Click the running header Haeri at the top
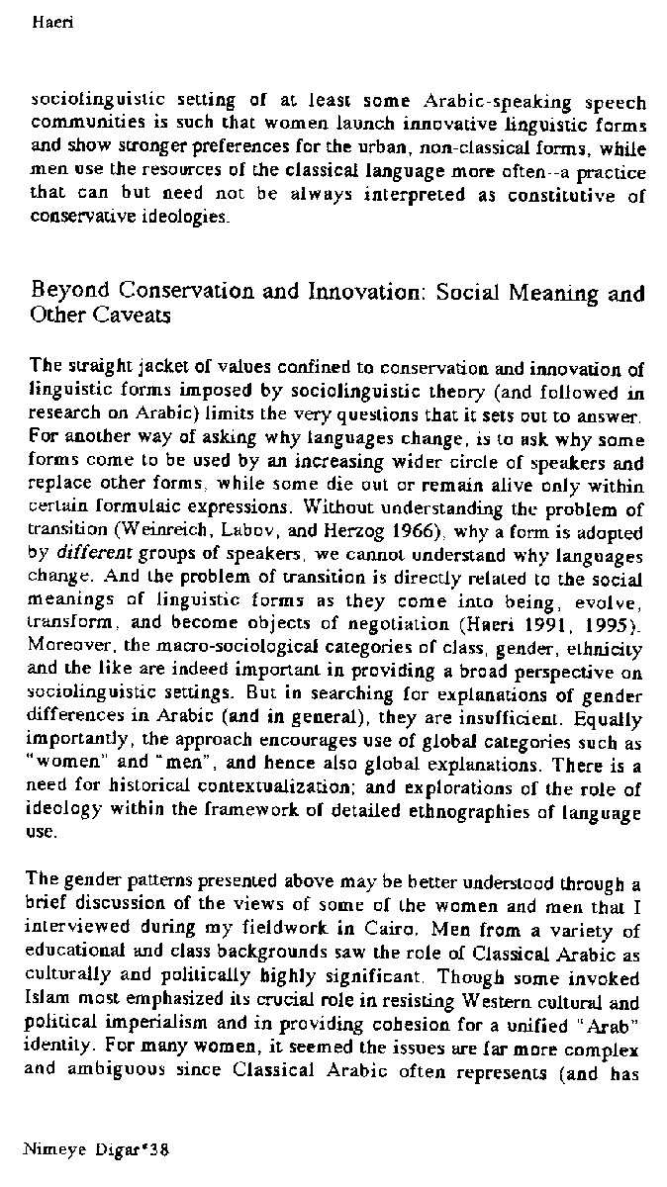pos(48,19)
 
